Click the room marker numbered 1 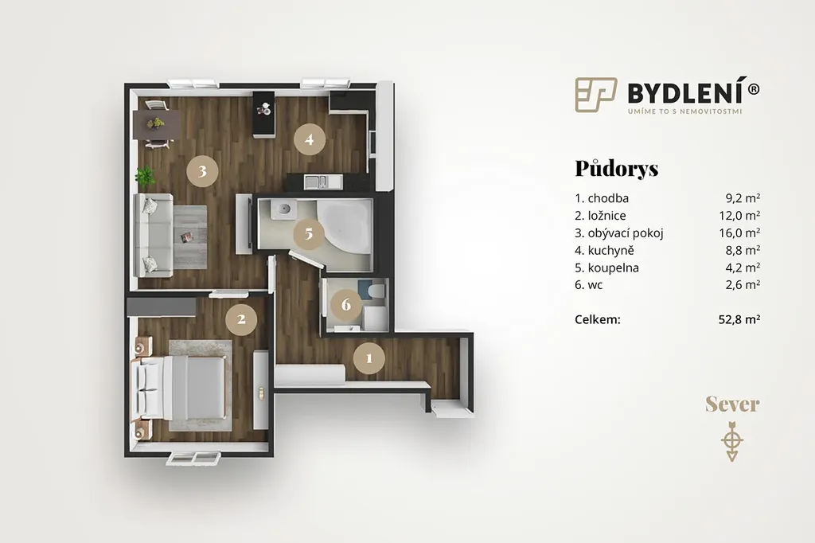369,357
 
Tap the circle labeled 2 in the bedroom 241,318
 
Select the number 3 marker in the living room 202,170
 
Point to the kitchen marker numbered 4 310,139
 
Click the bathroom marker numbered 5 309,233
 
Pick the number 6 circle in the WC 346,304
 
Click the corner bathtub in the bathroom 344,228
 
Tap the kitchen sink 317,182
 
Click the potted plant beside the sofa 146,176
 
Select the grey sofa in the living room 154,235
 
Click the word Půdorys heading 617,169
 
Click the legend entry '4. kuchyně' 604,250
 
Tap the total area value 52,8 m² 739,319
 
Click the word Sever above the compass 732,404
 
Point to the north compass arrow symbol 732,441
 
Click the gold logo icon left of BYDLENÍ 595,95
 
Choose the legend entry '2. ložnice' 600,215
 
